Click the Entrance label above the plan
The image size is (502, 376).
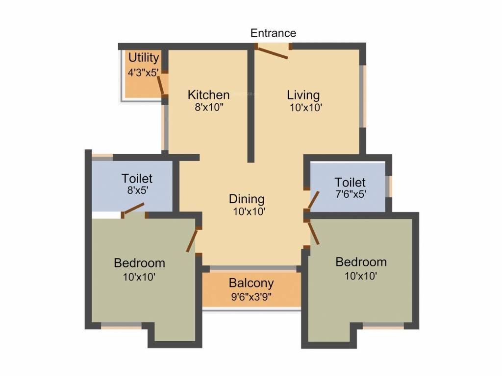pyautogui.click(x=273, y=33)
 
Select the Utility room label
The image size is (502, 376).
pyautogui.click(x=144, y=58)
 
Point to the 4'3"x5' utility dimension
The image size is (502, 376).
pyautogui.click(x=143, y=72)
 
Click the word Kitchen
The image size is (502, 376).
pyautogui.click(x=209, y=94)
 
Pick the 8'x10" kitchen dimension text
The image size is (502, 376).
pyautogui.click(x=209, y=108)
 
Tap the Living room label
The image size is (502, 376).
pyautogui.click(x=303, y=94)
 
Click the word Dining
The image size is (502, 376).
pyautogui.click(x=247, y=199)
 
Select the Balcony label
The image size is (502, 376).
pyautogui.click(x=251, y=283)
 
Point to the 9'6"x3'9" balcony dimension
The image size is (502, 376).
pyautogui.click(x=251, y=297)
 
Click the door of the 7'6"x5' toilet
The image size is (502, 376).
pyautogui.click(x=313, y=200)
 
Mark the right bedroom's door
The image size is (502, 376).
pyautogui.click(x=314, y=233)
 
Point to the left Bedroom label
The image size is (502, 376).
pyautogui.click(x=139, y=263)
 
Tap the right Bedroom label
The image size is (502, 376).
pyautogui.click(x=361, y=262)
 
